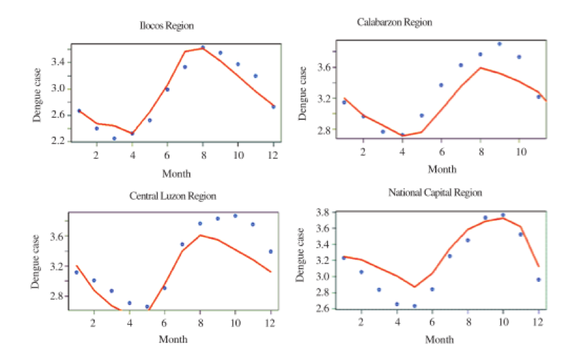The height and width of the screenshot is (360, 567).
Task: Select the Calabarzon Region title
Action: coord(394,22)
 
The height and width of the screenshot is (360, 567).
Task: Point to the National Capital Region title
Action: coord(435,192)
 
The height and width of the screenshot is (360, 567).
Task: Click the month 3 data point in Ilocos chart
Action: coord(114,139)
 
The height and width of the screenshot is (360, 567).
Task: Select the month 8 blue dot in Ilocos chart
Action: coord(202,48)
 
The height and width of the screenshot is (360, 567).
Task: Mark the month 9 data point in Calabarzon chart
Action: coord(499,44)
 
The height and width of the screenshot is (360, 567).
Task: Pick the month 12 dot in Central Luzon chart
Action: coord(270,252)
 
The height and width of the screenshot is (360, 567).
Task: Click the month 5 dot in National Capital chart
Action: coord(414,306)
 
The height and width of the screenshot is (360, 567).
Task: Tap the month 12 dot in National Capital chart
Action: coord(538,279)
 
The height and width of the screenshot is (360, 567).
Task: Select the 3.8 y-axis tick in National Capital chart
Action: coord(324,212)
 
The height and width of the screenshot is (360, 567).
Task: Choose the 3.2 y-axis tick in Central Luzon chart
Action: coord(56,266)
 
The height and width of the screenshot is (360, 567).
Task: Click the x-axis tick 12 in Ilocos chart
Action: coord(273,154)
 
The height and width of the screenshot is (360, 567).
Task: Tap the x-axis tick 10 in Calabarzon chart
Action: coord(519,151)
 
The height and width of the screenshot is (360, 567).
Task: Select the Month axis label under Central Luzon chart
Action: coord(173,339)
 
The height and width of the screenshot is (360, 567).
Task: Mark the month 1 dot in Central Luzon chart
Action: coord(76,273)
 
